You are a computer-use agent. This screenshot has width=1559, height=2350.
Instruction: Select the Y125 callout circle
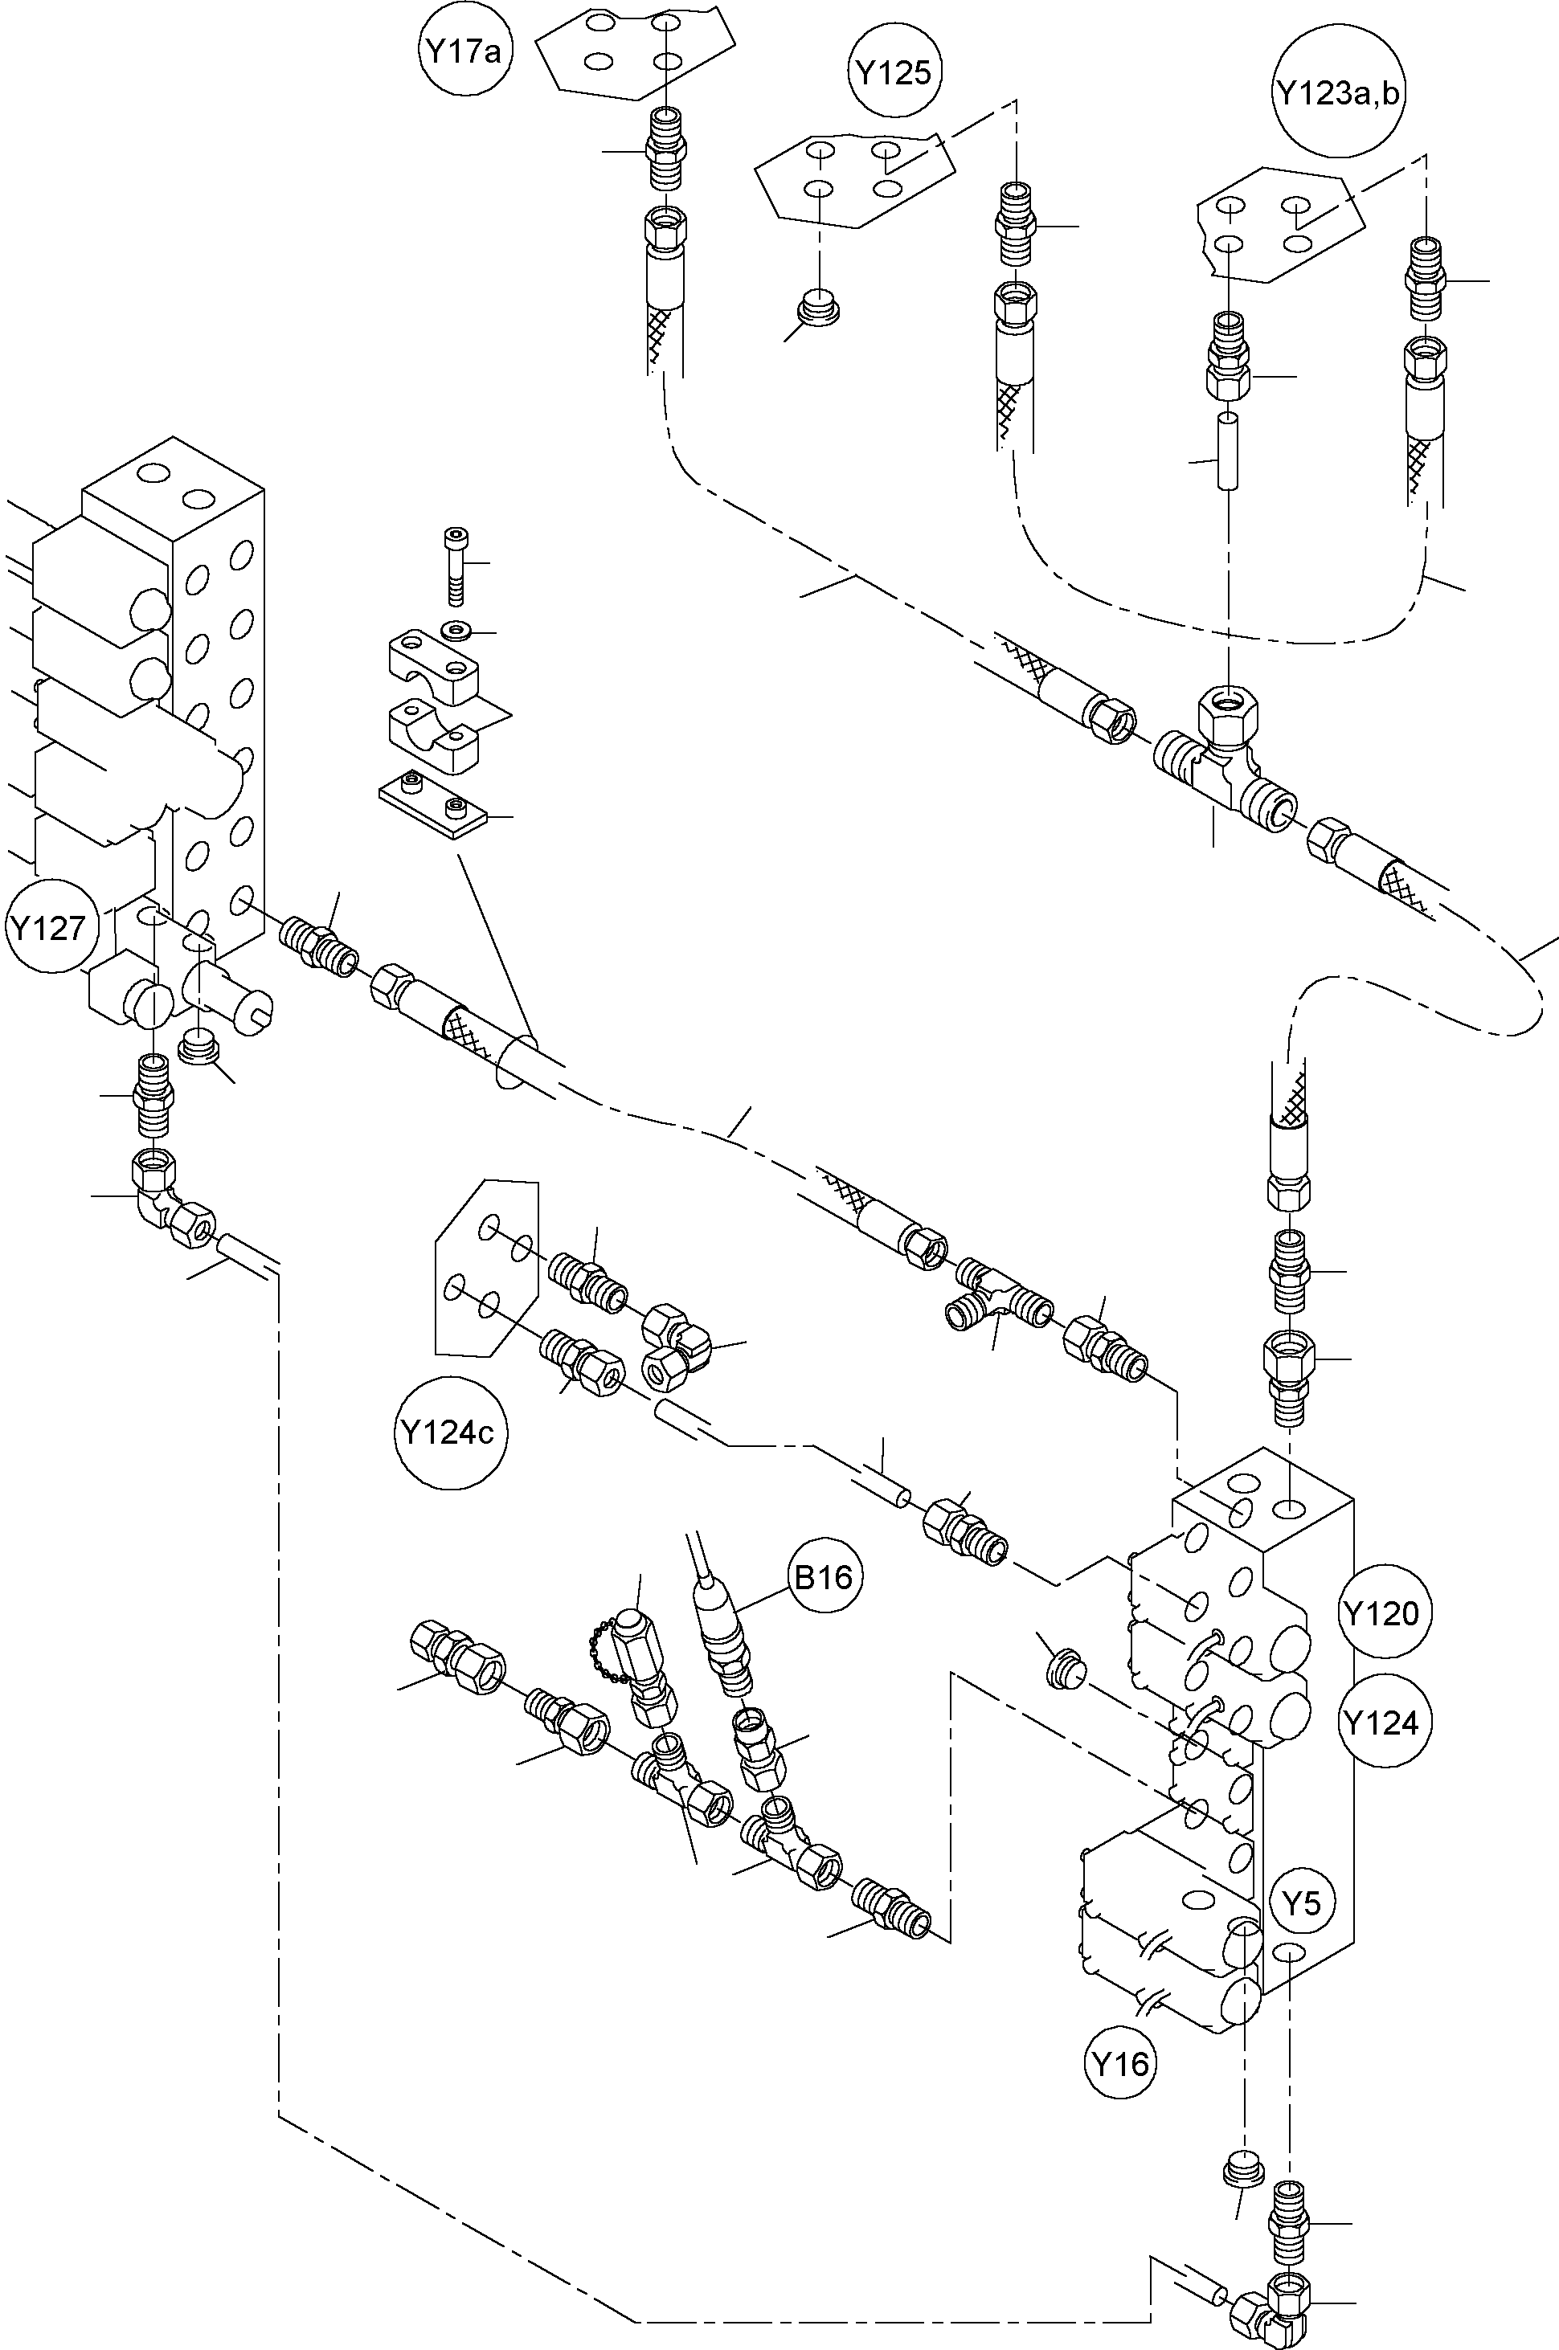[894, 72]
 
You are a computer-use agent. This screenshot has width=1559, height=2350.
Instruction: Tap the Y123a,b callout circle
[1340, 95]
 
